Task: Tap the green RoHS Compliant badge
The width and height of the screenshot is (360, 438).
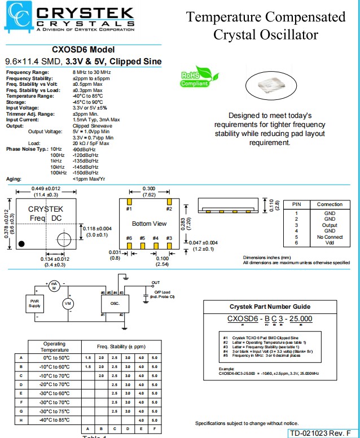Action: pos(195,78)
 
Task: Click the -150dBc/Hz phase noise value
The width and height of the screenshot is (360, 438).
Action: pos(85,173)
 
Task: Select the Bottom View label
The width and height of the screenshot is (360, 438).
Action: pos(149,224)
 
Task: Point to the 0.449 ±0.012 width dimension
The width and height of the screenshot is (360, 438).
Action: pos(46,188)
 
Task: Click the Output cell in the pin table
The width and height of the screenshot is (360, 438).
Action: pos(330,225)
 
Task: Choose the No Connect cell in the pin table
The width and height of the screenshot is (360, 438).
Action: pos(330,236)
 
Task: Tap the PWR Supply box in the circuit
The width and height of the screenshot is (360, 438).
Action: pos(34,303)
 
